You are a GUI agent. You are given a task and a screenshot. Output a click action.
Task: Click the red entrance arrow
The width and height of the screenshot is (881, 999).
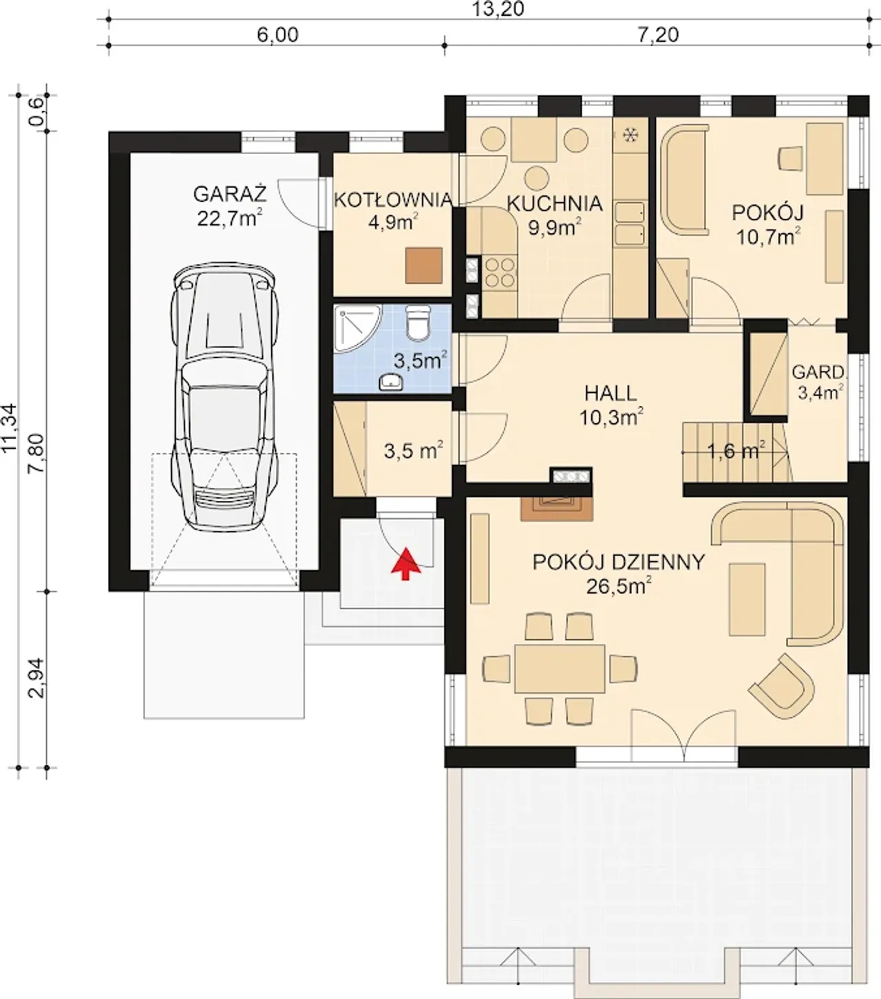pos(405,563)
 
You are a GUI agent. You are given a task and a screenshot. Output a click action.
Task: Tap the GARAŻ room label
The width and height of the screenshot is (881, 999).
pos(230,194)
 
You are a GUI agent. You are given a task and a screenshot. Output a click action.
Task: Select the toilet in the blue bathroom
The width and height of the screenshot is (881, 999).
pos(418,322)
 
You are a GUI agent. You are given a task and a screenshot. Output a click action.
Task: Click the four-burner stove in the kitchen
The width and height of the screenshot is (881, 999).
pos(500,272)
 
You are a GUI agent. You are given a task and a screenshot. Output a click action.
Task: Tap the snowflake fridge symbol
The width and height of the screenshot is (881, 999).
pos(629,135)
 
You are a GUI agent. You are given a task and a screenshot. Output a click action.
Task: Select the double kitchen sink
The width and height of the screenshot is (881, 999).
pos(630,224)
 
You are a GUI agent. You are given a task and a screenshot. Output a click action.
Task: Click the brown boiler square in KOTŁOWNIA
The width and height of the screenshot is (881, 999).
pos(424,266)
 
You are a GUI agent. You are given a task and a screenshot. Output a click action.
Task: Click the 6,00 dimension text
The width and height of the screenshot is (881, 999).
pos(277,35)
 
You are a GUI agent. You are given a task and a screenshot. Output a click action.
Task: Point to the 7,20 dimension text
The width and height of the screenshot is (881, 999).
pos(657,35)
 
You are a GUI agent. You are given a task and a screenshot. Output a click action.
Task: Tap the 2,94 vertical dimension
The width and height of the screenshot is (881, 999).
pos(37,678)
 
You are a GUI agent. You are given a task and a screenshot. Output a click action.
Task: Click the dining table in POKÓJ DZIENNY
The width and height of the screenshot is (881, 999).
pos(560,669)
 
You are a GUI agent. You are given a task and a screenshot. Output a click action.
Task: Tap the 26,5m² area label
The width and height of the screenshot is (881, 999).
pos(619,587)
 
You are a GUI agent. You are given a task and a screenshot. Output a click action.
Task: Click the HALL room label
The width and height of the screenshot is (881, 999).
pos(611,394)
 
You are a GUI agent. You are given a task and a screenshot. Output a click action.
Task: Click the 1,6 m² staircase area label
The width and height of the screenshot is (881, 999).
pos(736,450)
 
